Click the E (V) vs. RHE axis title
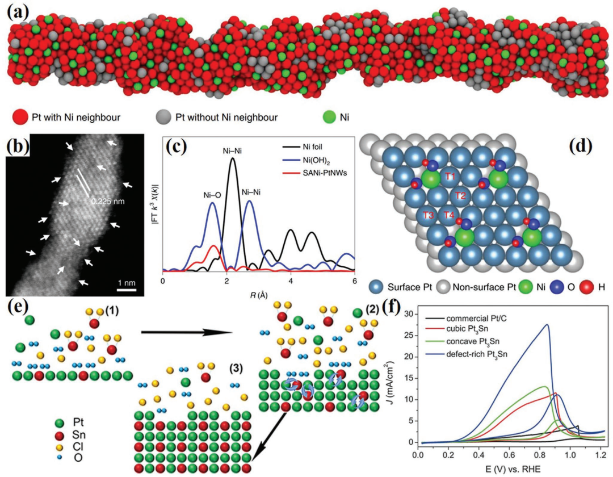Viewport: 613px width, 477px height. click(x=509, y=470)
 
